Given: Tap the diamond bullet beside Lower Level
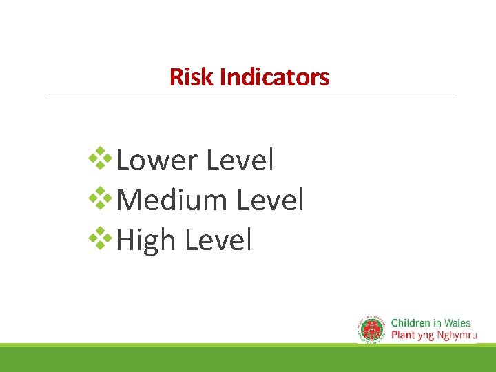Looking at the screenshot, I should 103,158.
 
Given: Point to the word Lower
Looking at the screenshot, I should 157,161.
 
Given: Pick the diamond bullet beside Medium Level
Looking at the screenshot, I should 103,198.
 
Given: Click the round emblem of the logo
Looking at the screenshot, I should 373,329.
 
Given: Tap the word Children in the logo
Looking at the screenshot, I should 411,323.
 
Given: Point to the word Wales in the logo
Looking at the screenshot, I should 457,323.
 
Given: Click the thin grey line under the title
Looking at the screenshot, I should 251,94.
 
